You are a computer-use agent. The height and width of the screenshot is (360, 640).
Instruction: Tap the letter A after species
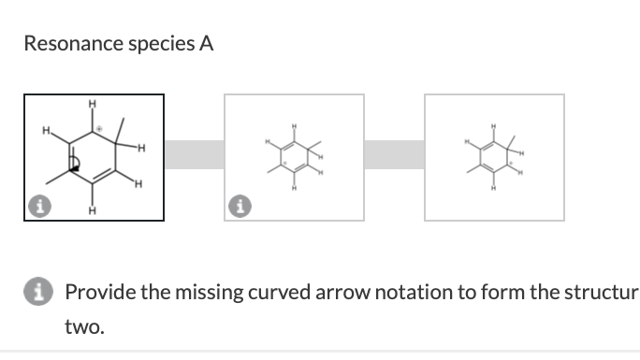click(x=205, y=43)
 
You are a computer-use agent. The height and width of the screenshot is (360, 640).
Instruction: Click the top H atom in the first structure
click(x=92, y=104)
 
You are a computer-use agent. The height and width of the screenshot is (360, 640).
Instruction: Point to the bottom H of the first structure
click(x=92, y=209)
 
